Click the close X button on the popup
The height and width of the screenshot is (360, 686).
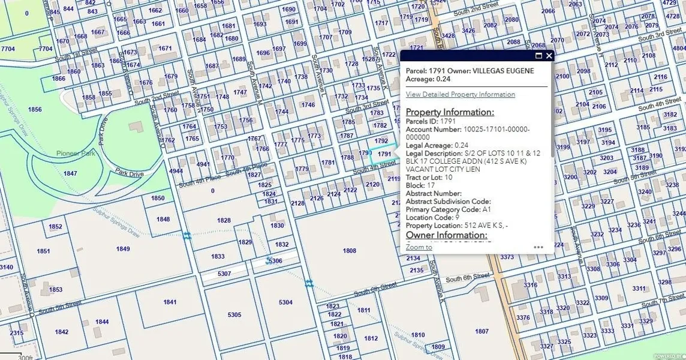point(549,56)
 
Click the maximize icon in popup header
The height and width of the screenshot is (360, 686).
point(538,56)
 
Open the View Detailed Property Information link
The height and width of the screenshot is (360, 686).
point(460,94)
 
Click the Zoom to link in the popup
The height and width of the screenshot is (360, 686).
point(419,247)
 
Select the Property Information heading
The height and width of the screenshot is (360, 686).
point(450,112)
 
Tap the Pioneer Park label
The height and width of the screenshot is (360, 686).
point(76,154)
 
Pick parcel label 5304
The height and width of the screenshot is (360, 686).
point(285,302)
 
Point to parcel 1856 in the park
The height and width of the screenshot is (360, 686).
point(35,109)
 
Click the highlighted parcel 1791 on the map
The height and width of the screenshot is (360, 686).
point(384,154)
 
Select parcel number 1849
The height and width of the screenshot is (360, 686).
point(123,248)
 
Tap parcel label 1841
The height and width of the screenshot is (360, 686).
point(170,302)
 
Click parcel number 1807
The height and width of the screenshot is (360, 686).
point(482,331)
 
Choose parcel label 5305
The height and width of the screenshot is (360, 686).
point(234,315)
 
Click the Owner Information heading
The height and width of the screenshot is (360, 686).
point(446,235)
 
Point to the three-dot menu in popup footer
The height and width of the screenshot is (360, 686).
point(538,247)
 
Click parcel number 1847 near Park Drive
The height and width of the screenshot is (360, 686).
point(70,173)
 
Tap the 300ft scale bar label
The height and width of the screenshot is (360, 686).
point(25,358)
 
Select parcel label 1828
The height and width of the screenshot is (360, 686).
point(224,221)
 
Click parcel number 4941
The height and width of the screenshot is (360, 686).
point(203,164)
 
